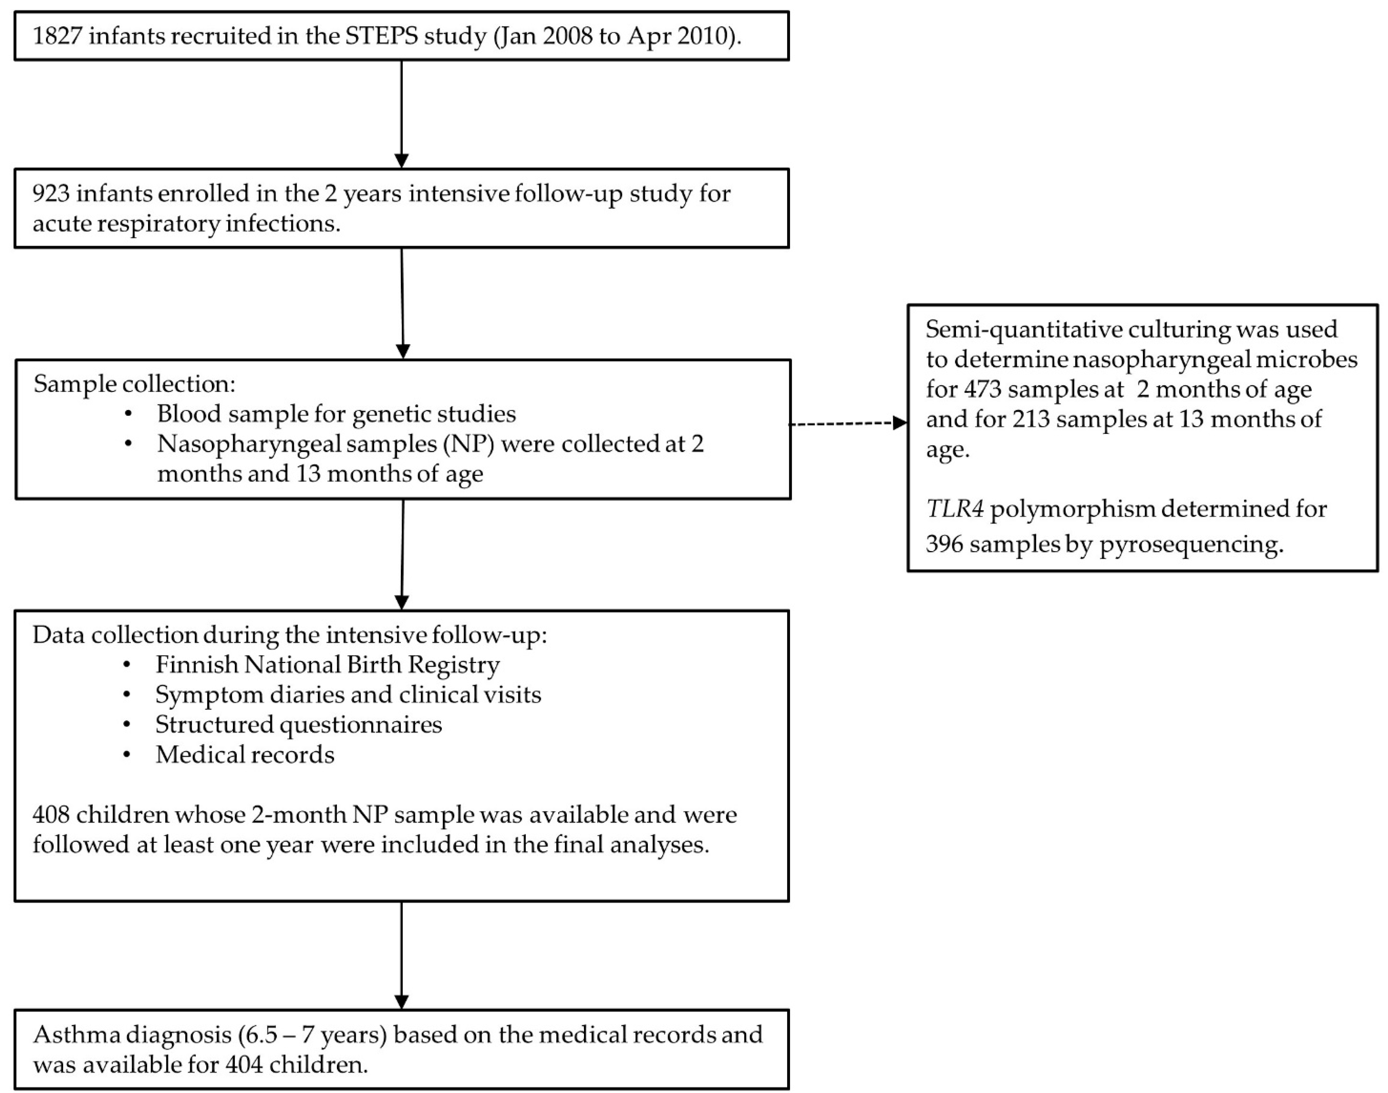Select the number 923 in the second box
[x=51, y=193]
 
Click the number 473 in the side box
[x=982, y=389]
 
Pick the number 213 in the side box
[x=1031, y=419]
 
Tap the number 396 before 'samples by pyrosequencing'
[x=944, y=545]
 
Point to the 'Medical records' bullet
[x=245, y=755]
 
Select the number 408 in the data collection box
[x=51, y=815]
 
